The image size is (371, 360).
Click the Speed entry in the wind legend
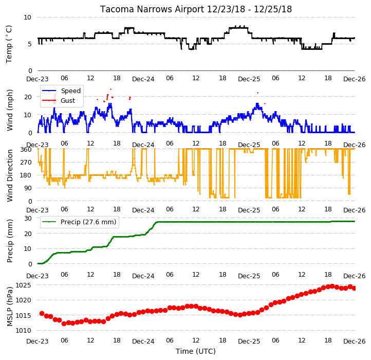(x=71, y=91)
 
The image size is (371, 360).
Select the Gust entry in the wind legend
(x=68, y=100)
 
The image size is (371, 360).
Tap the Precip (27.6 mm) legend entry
(x=88, y=222)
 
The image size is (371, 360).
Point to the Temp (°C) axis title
(x=9, y=44)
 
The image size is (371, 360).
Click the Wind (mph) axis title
(x=9, y=110)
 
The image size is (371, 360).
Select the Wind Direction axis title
(x=9, y=175)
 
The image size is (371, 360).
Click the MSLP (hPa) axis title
(x=9, y=307)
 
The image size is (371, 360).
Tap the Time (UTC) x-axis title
(x=196, y=351)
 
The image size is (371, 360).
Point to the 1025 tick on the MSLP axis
(x=24, y=285)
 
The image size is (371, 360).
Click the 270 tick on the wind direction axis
(x=26, y=162)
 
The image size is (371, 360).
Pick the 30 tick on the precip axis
(x=28, y=218)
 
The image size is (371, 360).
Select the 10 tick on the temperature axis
(x=27, y=17)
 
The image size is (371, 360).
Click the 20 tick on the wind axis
(x=28, y=97)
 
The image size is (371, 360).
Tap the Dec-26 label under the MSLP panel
(x=354, y=341)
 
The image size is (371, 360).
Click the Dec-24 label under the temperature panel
(x=143, y=79)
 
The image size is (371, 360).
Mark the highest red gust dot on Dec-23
(x=110, y=89)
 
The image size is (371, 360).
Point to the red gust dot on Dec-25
(x=257, y=93)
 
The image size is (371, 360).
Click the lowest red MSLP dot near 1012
(x=64, y=323)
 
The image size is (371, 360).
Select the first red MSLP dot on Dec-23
(x=42, y=313)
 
